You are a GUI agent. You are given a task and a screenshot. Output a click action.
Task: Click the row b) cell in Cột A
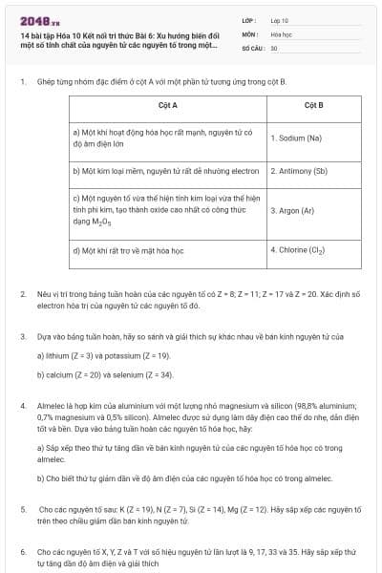pos(166,172)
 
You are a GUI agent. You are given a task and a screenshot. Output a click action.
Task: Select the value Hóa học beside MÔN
pos(280,32)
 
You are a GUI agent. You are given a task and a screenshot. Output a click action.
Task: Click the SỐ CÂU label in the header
pos(252,46)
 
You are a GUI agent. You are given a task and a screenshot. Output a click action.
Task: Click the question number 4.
pos(22,406)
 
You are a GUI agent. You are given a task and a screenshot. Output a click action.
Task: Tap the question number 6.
pos(22,552)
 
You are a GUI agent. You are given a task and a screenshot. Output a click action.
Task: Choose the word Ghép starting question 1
pos(47,83)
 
